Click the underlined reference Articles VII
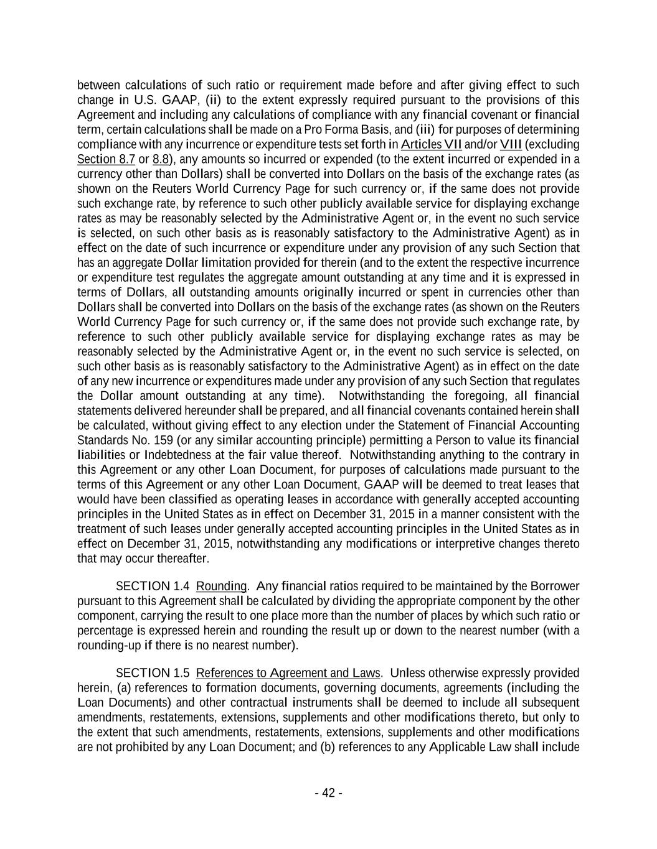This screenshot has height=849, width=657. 431,145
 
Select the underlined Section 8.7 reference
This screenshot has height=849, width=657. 106,159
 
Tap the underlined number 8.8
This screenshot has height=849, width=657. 161,159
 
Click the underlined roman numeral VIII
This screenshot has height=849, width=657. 511,145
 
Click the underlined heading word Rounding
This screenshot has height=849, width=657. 221,587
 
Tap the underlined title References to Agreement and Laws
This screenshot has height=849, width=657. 288,673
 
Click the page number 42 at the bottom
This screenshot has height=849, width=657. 328,793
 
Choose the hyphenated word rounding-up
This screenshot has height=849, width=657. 109,646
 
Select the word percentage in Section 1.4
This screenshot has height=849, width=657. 104,631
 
